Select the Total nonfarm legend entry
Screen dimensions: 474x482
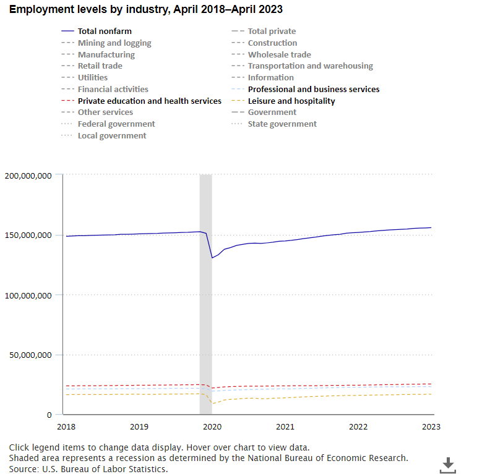click(x=105, y=31)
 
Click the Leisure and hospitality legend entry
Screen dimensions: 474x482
click(x=291, y=101)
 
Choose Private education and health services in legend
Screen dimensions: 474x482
click(x=149, y=101)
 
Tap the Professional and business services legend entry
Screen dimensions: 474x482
click(x=314, y=89)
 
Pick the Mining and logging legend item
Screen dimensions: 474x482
click(x=114, y=43)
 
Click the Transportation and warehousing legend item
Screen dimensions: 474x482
click(x=310, y=66)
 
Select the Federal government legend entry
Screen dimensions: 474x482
click(x=116, y=124)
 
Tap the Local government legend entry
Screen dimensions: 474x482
click(x=112, y=135)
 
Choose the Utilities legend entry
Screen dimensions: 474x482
click(x=93, y=77)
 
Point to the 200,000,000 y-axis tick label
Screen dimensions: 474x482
click(x=28, y=175)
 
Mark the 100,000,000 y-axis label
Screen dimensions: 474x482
click(x=28, y=295)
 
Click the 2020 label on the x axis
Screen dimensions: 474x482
click(x=212, y=426)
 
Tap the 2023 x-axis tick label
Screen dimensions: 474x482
click(x=431, y=426)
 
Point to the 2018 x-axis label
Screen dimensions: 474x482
click(x=65, y=426)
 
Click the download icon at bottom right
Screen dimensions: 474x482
click(x=447, y=465)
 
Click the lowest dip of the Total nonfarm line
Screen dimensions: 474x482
click(x=212, y=258)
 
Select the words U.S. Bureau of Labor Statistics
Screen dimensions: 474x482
click(x=105, y=469)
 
